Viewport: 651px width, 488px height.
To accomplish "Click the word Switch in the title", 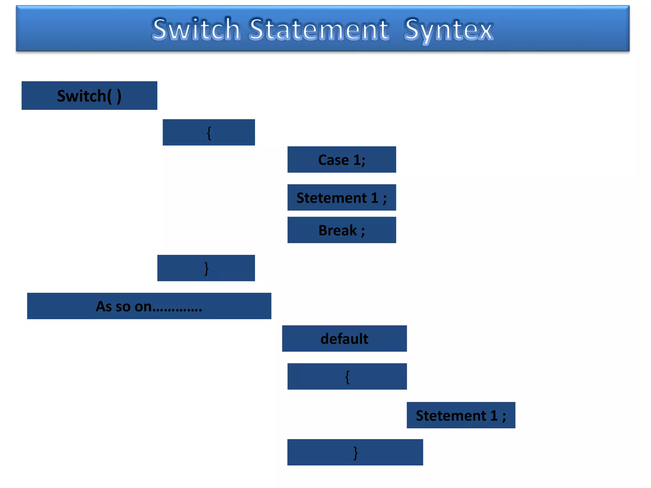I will click(195, 29).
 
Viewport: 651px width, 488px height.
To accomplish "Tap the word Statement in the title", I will click(319, 29).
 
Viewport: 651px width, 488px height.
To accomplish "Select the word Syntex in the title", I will click(449, 30).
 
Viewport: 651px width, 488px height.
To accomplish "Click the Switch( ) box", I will click(89, 96).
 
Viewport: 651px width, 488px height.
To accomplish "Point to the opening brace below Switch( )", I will click(209, 132).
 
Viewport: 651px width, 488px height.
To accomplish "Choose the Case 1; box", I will click(342, 159).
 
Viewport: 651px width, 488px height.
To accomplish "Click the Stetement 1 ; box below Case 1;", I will click(342, 198).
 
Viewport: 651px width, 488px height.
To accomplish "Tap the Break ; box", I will click(342, 230).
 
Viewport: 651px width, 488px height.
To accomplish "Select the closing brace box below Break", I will click(206, 268).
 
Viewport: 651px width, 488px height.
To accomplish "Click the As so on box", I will click(149, 306).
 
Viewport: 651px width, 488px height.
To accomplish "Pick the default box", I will click(344, 339).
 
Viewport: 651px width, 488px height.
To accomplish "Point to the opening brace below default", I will click(347, 377).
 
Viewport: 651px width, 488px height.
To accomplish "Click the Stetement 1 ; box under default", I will click(461, 415).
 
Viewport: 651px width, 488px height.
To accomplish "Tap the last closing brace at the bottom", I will click(355, 452).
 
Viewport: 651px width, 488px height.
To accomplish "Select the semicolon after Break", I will click(363, 231).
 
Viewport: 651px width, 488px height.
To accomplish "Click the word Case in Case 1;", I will click(333, 160).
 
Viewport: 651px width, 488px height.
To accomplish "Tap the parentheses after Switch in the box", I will click(114, 96).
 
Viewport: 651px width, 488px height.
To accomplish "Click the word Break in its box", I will click(338, 230).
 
